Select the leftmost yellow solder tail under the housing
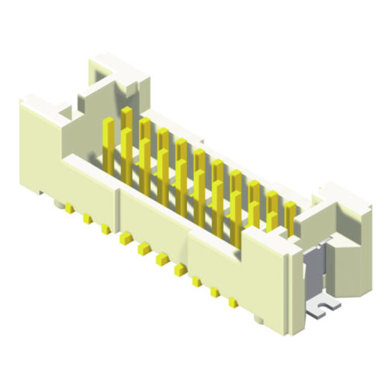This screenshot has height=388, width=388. (x=69, y=209)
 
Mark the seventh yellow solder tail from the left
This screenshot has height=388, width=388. (x=180, y=269)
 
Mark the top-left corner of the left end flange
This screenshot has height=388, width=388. (x=23, y=99)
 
